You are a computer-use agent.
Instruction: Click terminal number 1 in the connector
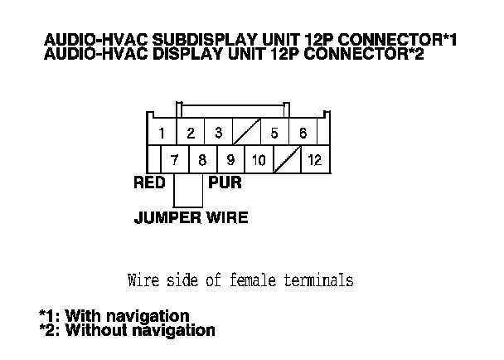click(x=162, y=133)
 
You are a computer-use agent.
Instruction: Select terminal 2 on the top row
click(x=190, y=133)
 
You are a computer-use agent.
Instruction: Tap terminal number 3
click(x=218, y=133)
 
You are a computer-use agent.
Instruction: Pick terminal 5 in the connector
click(x=274, y=133)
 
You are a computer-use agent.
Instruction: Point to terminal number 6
click(x=303, y=133)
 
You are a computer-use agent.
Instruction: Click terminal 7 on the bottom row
click(x=175, y=160)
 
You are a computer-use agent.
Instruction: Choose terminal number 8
click(x=203, y=160)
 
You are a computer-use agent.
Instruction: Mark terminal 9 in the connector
click(x=230, y=160)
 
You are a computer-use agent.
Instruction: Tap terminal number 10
click(x=259, y=160)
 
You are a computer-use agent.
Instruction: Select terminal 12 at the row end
click(x=315, y=160)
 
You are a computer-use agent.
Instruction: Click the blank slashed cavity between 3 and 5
click(x=246, y=133)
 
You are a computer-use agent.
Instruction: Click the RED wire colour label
click(x=149, y=184)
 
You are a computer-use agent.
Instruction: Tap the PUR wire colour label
click(x=225, y=184)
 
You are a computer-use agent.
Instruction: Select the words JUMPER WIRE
click(x=191, y=219)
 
